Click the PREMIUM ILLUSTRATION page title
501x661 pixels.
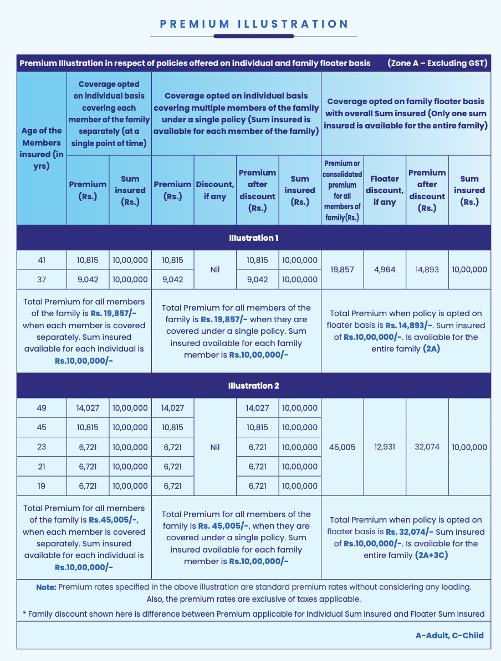point(254,24)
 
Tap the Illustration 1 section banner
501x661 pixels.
point(253,238)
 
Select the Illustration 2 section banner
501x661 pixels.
point(253,386)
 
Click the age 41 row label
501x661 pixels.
point(42,260)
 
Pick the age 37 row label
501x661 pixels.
point(42,280)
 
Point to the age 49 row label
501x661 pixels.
point(42,408)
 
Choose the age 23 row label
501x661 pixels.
point(42,447)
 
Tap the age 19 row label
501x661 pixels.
point(42,486)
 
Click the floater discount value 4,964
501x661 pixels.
point(385,270)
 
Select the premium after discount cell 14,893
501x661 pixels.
point(427,270)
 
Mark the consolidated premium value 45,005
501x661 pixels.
point(342,447)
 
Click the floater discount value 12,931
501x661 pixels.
point(385,447)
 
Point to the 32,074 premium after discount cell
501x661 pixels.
point(427,447)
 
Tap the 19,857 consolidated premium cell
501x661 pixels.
point(342,270)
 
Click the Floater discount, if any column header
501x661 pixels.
point(385,190)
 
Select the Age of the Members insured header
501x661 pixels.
point(42,148)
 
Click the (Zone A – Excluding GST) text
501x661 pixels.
point(437,63)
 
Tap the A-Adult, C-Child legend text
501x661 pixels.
point(449,636)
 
